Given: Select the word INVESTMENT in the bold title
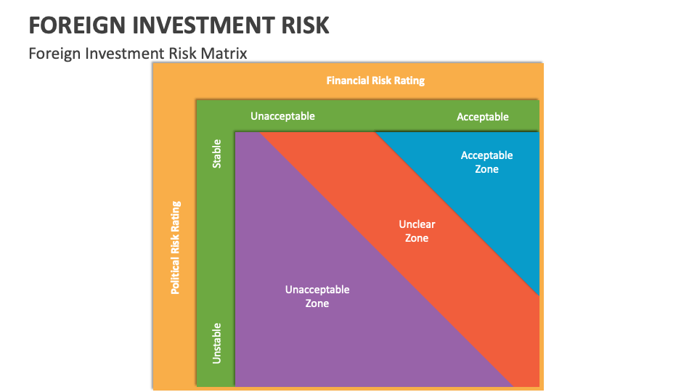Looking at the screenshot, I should point(196,25).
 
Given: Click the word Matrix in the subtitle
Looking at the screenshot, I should point(224,53).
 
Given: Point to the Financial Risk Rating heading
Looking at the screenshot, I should point(375,81).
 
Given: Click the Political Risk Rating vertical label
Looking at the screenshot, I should point(175,248).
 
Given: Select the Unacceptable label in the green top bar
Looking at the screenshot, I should point(282,116).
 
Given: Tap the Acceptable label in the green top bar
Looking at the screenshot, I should point(482,117).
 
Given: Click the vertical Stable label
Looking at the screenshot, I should point(216,154).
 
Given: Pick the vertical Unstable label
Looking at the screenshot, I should point(216,343).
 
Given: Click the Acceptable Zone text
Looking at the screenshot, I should point(486,162).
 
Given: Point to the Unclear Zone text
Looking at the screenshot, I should point(417,232).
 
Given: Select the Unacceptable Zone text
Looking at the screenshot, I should point(317,296).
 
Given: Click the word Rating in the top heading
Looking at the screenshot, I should point(409,81).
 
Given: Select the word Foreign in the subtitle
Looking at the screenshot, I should point(53,53).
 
